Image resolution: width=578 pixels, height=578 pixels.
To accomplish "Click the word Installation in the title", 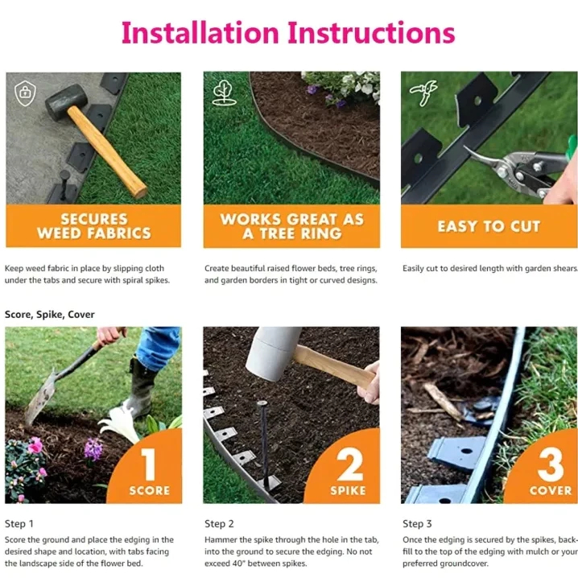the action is (200, 33).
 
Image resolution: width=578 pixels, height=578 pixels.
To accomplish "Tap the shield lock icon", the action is (25, 93).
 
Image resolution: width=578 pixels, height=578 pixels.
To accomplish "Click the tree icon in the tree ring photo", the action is (223, 93).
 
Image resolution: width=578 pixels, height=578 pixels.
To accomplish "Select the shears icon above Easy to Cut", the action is (424, 93).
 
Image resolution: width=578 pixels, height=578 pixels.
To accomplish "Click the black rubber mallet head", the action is (66, 101).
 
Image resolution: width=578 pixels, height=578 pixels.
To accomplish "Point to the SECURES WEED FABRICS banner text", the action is (94, 226).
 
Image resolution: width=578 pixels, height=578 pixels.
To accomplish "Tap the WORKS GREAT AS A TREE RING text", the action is (292, 226).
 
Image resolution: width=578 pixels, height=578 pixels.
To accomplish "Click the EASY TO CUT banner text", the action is (489, 226).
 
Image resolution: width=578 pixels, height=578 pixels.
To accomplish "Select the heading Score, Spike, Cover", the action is (50, 315).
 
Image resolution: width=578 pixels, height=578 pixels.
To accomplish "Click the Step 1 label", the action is (19, 523).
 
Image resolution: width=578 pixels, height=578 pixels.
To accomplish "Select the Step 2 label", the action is (219, 523).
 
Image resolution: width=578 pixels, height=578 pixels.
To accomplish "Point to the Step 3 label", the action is (417, 523).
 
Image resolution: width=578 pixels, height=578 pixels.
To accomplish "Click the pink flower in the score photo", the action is (35, 445).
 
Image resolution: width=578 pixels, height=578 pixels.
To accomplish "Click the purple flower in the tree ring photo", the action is (312, 89).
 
